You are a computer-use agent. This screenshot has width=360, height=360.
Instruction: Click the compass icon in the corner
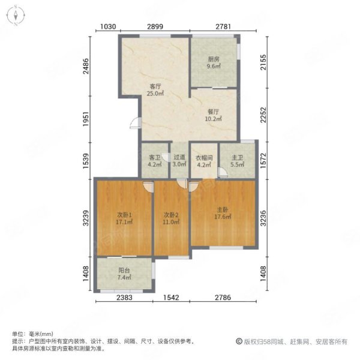point(16,16)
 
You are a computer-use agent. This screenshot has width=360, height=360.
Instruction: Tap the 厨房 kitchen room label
point(214,59)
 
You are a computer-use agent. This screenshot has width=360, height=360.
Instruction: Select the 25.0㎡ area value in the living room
point(155,94)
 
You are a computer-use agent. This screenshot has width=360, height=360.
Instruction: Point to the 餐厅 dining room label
point(213,112)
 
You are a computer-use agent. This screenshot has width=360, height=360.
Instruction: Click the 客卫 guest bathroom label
point(155,157)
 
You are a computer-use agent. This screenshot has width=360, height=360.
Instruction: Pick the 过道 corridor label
point(179,157)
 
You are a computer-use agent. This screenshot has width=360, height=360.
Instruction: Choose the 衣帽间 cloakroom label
point(204,158)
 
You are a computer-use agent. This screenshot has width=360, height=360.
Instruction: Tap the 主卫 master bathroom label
point(237,158)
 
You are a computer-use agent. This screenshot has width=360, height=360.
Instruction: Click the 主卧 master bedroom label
point(223,210)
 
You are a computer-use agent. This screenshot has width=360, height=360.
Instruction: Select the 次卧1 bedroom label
point(124,215)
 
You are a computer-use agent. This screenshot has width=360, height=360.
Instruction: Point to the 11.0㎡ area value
point(171,222)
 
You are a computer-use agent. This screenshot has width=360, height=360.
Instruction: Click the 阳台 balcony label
point(124,271)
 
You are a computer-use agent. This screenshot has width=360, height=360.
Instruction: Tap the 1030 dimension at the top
point(108,26)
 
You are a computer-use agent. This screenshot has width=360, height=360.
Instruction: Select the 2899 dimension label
point(155,26)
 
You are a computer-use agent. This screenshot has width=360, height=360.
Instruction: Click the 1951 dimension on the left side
point(86,119)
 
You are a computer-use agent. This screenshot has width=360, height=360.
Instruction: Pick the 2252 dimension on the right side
point(263,115)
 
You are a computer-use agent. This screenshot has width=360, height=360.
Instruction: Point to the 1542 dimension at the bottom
point(171,298)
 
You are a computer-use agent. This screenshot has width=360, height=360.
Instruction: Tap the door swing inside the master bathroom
point(222,172)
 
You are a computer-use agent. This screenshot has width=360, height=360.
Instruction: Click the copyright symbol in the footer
point(239,341)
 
